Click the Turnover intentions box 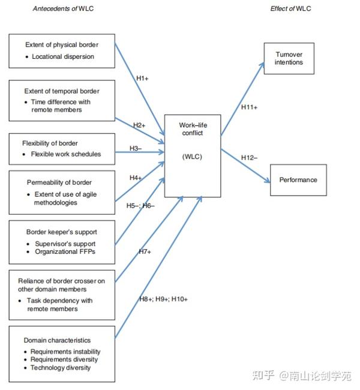point(289,58)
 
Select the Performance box point(298,180)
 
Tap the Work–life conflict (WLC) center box point(192,155)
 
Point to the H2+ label point(139,125)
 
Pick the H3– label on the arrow point(136,148)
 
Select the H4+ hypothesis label point(136,178)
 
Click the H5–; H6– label point(140,206)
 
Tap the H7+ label point(145,252)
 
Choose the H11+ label point(249,107)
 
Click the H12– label point(249,157)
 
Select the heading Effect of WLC point(290,9)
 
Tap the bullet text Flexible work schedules point(66,154)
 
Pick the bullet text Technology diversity point(61,368)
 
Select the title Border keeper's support point(61,232)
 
